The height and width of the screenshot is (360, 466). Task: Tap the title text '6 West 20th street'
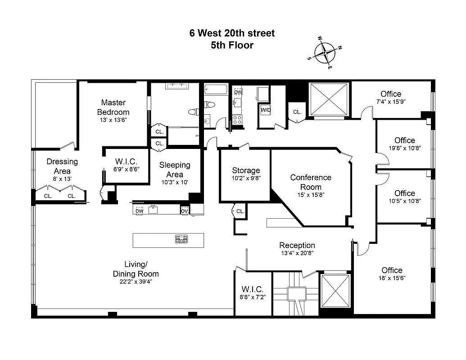[232, 33]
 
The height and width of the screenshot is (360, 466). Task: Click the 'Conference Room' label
[311, 182]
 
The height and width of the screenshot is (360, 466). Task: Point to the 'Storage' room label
[246, 170]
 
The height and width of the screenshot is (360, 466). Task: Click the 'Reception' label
[297, 245]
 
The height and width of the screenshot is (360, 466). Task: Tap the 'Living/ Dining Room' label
[136, 269]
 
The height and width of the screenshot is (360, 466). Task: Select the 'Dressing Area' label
[62, 166]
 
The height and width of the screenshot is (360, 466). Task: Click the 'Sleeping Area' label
[175, 169]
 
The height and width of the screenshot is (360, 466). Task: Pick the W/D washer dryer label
[265, 109]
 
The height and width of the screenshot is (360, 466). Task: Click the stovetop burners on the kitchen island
[181, 239]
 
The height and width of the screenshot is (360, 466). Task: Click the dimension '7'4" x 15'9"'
[391, 102]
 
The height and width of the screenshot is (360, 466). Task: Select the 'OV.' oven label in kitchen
[185, 210]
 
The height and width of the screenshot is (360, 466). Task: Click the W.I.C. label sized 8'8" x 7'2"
[252, 289]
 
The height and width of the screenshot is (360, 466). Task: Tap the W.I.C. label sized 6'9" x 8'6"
[126, 162]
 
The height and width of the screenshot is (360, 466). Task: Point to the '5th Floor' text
[232, 45]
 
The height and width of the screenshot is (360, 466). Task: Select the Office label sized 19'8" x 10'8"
[405, 140]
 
